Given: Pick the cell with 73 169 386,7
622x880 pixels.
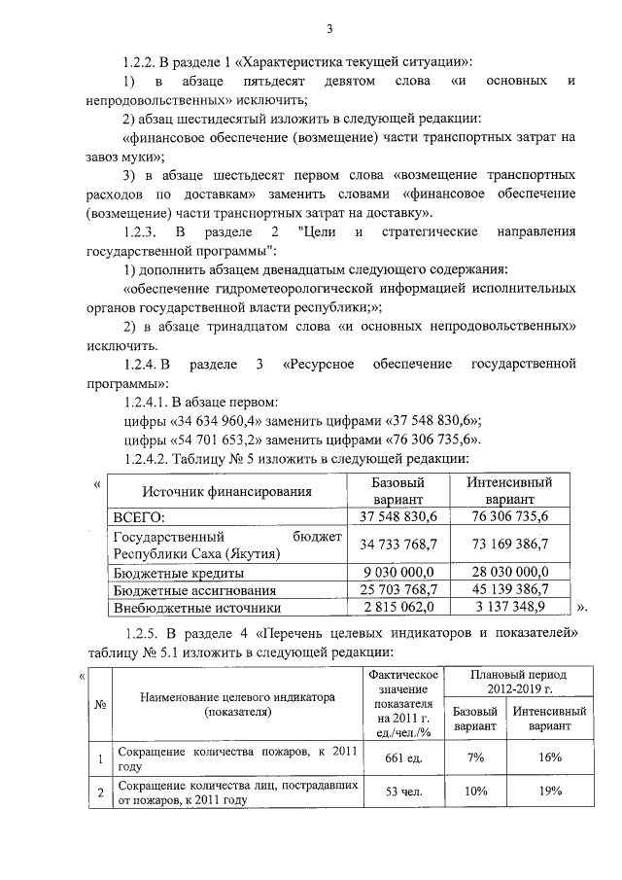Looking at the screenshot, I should [x=508, y=544].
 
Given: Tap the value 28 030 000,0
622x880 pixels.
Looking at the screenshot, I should [x=508, y=572].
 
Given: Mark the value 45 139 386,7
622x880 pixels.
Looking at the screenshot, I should [x=508, y=590].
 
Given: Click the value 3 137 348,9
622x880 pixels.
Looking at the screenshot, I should [x=508, y=608].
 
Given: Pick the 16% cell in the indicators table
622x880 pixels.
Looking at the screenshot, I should [x=550, y=758].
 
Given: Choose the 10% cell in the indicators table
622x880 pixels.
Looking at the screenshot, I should [x=476, y=792].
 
